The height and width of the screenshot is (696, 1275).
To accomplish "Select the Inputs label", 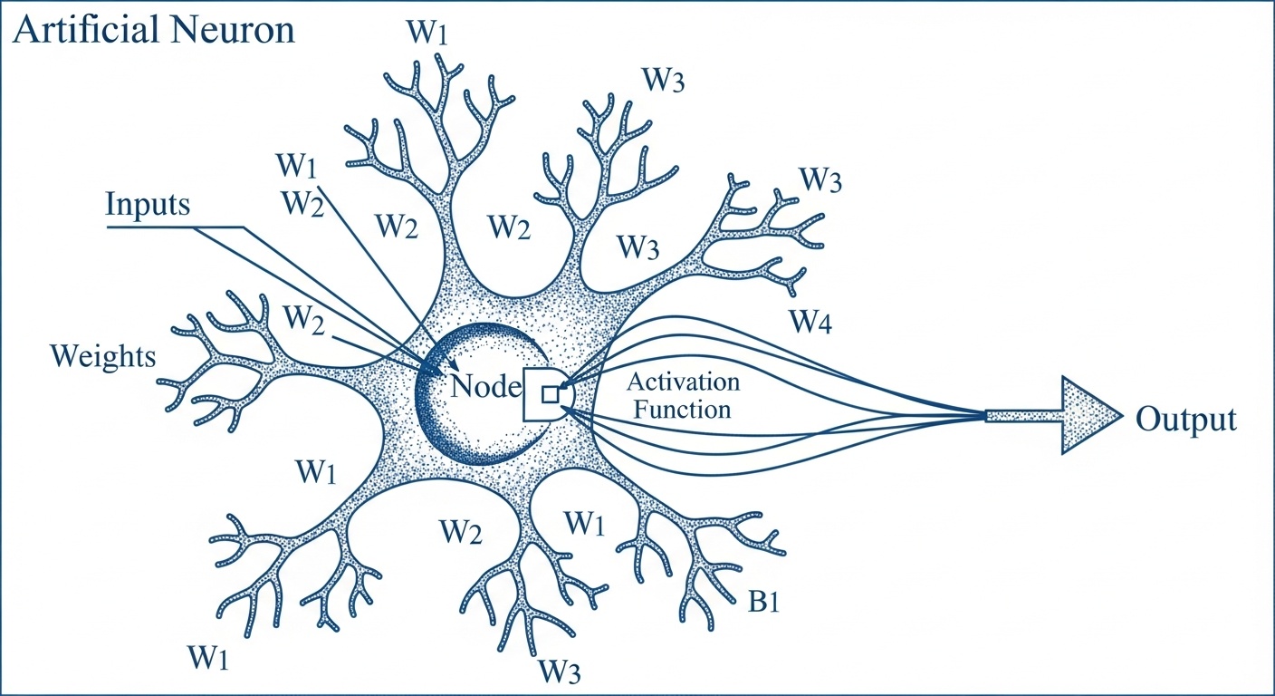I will (148, 204).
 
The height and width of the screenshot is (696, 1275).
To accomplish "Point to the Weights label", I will (103, 356).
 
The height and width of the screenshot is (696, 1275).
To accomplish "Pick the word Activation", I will (683, 382).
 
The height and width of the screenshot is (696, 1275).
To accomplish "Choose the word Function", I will (682, 409).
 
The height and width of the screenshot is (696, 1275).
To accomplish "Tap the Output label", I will (1185, 420).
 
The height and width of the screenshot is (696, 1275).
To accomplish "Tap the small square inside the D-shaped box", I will (549, 393).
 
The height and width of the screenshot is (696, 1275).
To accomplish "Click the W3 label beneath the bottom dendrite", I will (560, 672).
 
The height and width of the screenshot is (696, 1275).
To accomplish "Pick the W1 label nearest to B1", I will (585, 522).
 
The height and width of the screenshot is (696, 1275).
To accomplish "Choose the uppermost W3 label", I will (664, 81).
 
